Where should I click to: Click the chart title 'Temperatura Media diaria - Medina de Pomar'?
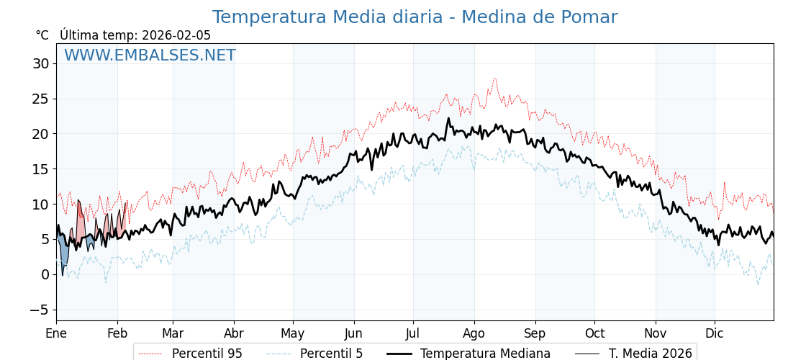point(415,17)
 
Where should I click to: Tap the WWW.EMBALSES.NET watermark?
point(150,55)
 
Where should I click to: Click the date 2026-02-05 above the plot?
point(176,35)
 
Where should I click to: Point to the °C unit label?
point(42,35)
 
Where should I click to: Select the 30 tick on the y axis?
point(40,63)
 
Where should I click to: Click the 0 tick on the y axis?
point(45,274)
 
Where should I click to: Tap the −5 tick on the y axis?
point(40,310)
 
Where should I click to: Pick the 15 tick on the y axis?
point(40,169)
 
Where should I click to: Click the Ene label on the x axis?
point(56,333)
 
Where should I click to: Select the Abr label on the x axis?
point(234,333)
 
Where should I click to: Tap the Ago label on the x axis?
point(474,333)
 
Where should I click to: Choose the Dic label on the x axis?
point(715,333)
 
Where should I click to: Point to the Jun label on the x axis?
point(354,333)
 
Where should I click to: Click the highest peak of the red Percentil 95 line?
point(494,78)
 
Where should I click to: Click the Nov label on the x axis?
point(656,333)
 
